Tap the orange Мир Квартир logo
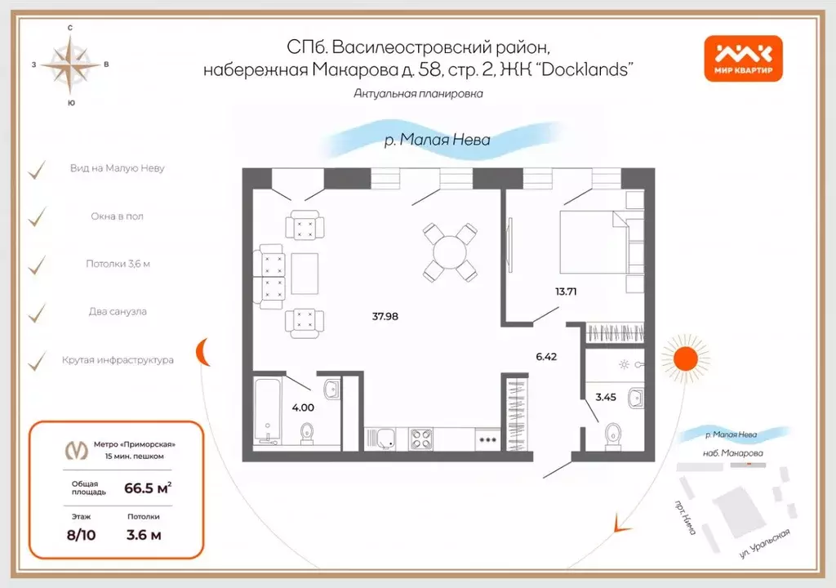click(x=743, y=60)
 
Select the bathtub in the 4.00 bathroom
click(x=267, y=411)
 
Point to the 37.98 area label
click(x=385, y=316)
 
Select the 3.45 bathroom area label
click(x=605, y=398)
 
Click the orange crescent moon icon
click(x=204, y=353)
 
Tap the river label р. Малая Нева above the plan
click(x=437, y=140)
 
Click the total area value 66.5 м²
click(x=147, y=488)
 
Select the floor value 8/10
click(x=81, y=535)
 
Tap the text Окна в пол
click(x=118, y=216)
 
